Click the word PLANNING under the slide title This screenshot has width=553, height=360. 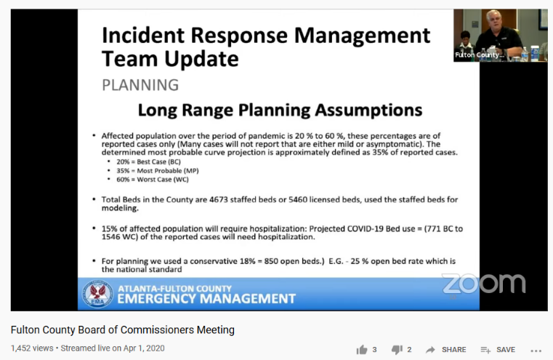[x=140, y=85]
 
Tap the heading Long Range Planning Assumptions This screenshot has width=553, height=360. [x=280, y=111]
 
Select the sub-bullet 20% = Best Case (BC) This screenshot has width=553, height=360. [x=140, y=162]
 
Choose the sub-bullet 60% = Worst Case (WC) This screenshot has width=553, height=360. [x=142, y=179]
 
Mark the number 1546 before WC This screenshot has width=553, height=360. [x=113, y=237]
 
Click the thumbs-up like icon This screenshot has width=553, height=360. [x=362, y=349]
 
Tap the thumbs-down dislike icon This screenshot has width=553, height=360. [x=397, y=349]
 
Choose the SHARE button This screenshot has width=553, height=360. [x=445, y=349]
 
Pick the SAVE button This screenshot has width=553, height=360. [x=498, y=349]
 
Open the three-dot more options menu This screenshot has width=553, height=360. [x=536, y=349]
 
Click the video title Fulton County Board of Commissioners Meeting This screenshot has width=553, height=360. [x=122, y=329]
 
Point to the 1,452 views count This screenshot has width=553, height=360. [x=32, y=348]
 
